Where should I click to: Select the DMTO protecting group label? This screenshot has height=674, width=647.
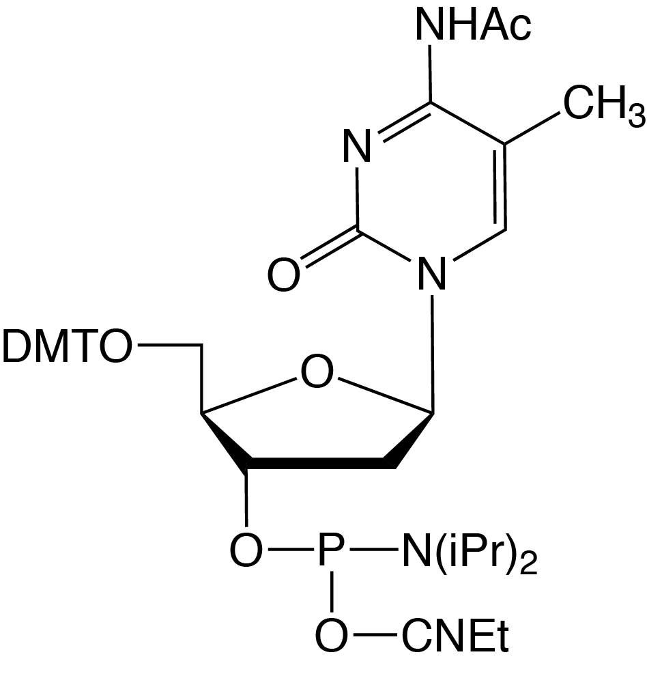66,346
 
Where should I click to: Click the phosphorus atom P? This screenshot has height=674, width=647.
331,549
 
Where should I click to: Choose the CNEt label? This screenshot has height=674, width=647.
455,634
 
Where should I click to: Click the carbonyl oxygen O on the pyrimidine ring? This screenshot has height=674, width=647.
283,275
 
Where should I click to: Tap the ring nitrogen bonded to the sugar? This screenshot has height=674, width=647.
432,275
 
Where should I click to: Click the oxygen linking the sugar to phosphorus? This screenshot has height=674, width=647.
246,550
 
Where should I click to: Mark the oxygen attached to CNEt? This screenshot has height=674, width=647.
331,634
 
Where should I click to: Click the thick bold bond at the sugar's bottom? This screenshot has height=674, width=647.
321,464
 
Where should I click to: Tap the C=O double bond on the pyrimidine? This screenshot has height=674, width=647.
330,244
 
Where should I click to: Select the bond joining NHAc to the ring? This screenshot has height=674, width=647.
430,74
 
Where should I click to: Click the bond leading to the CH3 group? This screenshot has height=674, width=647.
532,128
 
